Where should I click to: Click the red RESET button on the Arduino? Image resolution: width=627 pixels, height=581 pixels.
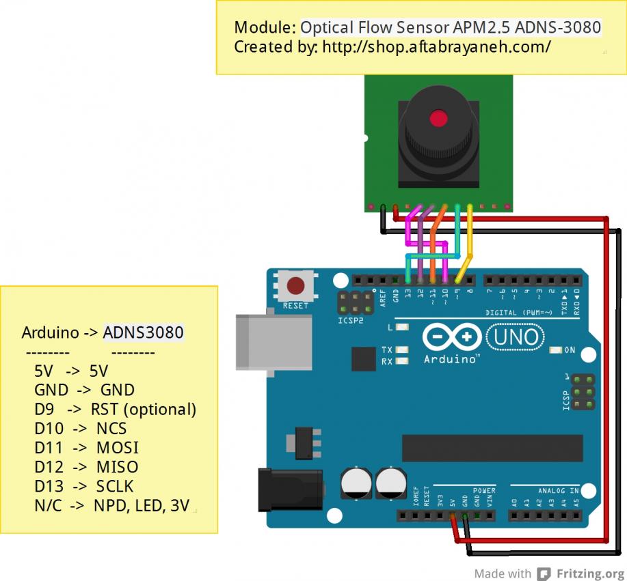tap(295, 285)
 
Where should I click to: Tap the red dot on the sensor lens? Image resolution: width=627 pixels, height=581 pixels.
tap(438, 119)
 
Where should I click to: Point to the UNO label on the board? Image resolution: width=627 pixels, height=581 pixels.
tap(513, 337)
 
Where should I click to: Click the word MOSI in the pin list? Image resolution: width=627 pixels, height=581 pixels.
tap(117, 448)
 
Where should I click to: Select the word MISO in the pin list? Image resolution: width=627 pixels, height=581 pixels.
tap(117, 467)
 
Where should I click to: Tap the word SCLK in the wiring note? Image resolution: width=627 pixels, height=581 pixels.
tap(115, 486)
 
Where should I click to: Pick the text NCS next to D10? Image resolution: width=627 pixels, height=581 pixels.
tap(111, 429)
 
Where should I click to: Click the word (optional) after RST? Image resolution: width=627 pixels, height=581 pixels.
tap(160, 410)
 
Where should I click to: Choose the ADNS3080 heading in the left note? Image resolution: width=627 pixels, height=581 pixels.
tap(144, 333)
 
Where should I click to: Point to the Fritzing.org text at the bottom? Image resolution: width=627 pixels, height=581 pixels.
tap(589, 573)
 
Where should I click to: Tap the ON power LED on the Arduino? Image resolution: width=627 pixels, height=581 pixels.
tap(555, 350)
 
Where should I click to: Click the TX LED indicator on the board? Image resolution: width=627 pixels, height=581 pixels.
tap(403, 350)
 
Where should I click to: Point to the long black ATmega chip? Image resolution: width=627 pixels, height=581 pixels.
tap(492, 448)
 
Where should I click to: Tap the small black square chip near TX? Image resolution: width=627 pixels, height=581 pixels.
tap(363, 358)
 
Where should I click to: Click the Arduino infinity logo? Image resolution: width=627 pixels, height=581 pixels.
tap(452, 337)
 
